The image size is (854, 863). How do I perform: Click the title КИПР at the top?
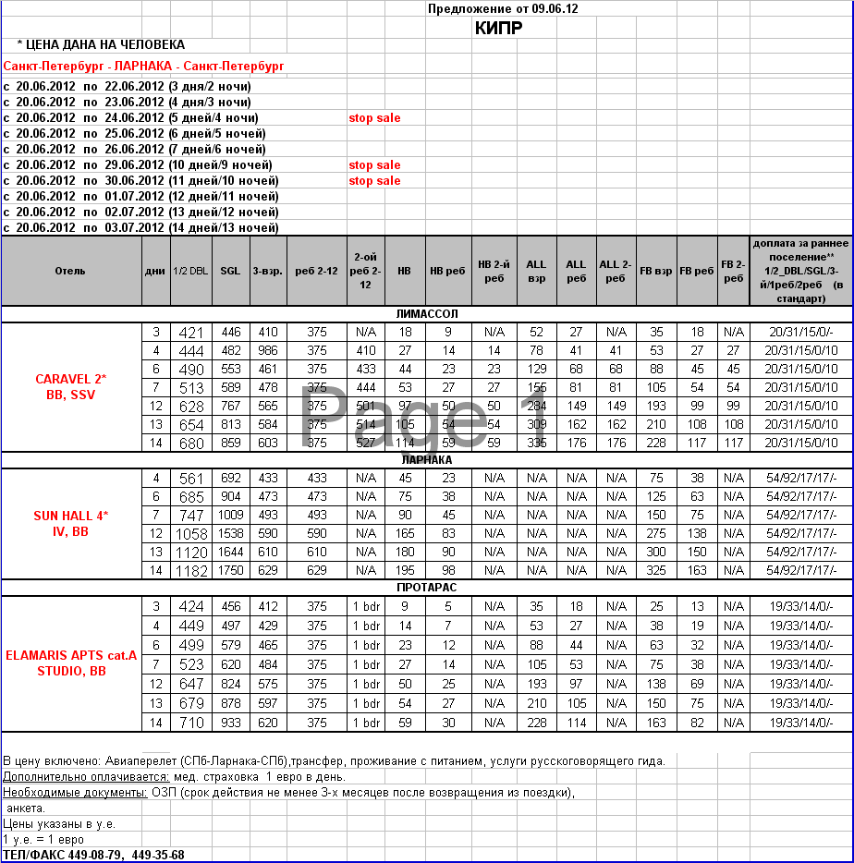point(498,28)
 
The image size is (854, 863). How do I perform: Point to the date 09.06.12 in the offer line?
point(554,8)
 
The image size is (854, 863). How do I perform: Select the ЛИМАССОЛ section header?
point(426,314)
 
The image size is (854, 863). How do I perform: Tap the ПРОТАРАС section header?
point(426,588)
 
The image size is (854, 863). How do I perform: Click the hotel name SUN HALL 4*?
point(71,516)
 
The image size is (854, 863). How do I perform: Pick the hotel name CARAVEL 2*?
point(71,379)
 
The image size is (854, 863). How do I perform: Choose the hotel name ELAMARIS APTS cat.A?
point(71,655)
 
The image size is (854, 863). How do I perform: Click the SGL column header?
point(230,271)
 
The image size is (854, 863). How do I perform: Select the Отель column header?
point(70,271)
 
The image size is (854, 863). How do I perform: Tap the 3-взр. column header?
point(268,271)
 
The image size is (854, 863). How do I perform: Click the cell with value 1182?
point(190,571)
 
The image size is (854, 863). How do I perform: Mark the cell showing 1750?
point(230,571)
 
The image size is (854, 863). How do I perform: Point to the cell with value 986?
point(268,351)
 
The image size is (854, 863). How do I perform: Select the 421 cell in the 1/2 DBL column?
point(190,333)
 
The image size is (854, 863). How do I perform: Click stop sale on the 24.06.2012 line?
point(374,118)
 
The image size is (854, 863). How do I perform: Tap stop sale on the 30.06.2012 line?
point(374,181)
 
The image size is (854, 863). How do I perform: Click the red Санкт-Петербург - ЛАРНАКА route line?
point(143,67)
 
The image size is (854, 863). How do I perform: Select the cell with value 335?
point(536,444)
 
